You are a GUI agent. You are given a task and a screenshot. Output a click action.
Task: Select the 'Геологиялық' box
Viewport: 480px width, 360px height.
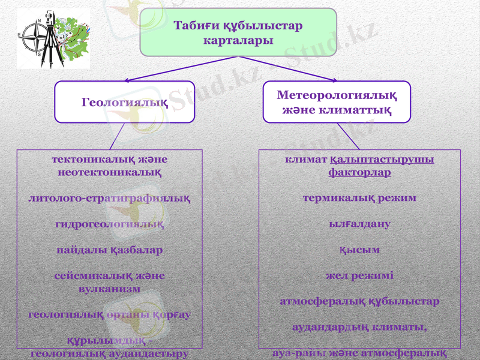(x=125, y=102)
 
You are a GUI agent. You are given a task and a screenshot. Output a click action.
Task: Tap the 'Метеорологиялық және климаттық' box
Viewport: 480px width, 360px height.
(x=337, y=102)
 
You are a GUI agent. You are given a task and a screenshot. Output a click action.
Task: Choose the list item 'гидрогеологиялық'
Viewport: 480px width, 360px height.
(x=110, y=224)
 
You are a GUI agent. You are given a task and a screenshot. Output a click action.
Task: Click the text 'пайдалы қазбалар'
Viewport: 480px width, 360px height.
(x=110, y=250)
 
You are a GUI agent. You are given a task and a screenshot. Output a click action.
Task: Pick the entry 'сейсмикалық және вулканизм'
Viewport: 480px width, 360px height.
(x=110, y=282)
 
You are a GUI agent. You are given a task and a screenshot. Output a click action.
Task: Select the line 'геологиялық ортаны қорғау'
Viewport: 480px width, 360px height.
(x=110, y=314)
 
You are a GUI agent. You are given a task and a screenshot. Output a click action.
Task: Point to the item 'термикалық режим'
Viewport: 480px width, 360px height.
(x=359, y=198)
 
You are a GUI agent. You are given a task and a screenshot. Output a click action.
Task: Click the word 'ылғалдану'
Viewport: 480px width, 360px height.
(x=359, y=224)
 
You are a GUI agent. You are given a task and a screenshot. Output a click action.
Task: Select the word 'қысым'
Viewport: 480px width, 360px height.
(x=359, y=250)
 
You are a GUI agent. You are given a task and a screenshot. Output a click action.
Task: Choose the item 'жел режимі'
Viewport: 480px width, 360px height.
(x=359, y=275)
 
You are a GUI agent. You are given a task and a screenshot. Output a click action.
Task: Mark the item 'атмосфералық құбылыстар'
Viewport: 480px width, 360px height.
(x=359, y=301)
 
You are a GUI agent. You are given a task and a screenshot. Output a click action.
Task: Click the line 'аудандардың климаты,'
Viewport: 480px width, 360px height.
(x=359, y=328)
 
